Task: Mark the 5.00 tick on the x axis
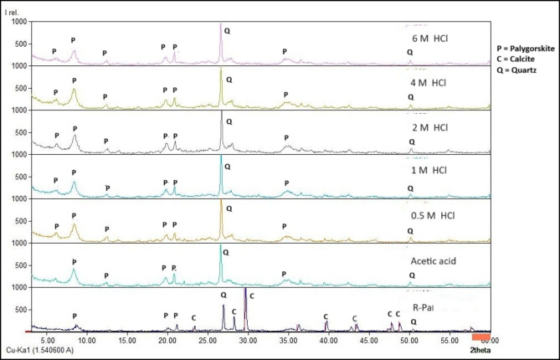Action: (47, 342)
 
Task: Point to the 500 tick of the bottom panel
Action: (18, 310)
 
